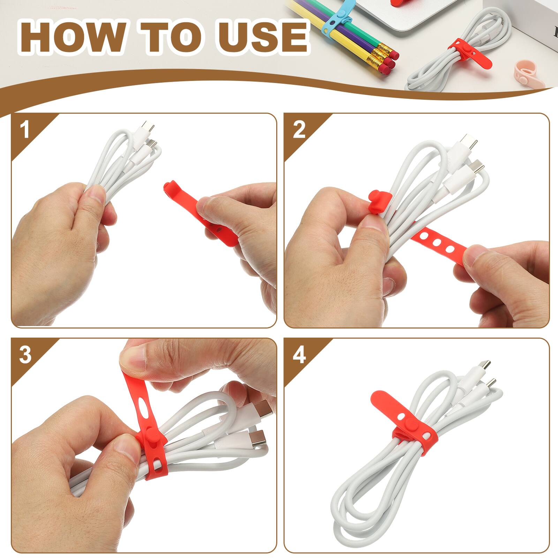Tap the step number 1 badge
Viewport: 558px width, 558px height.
click(24, 130)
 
